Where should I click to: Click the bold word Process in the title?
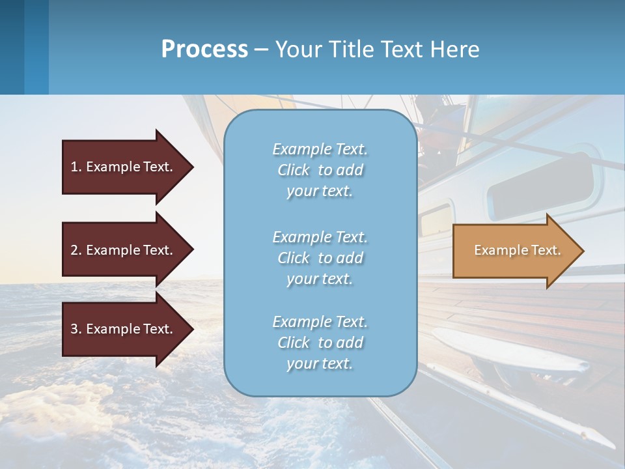pyautogui.click(x=204, y=50)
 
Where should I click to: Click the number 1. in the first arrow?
pyautogui.click(x=76, y=167)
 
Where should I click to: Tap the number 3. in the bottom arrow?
pyautogui.click(x=76, y=329)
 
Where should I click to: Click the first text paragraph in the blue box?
pyautogui.click(x=320, y=170)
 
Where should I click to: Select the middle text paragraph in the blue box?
pyautogui.click(x=320, y=258)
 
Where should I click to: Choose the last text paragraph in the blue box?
pyautogui.click(x=320, y=343)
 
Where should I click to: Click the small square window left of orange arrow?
pyautogui.click(x=436, y=220)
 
